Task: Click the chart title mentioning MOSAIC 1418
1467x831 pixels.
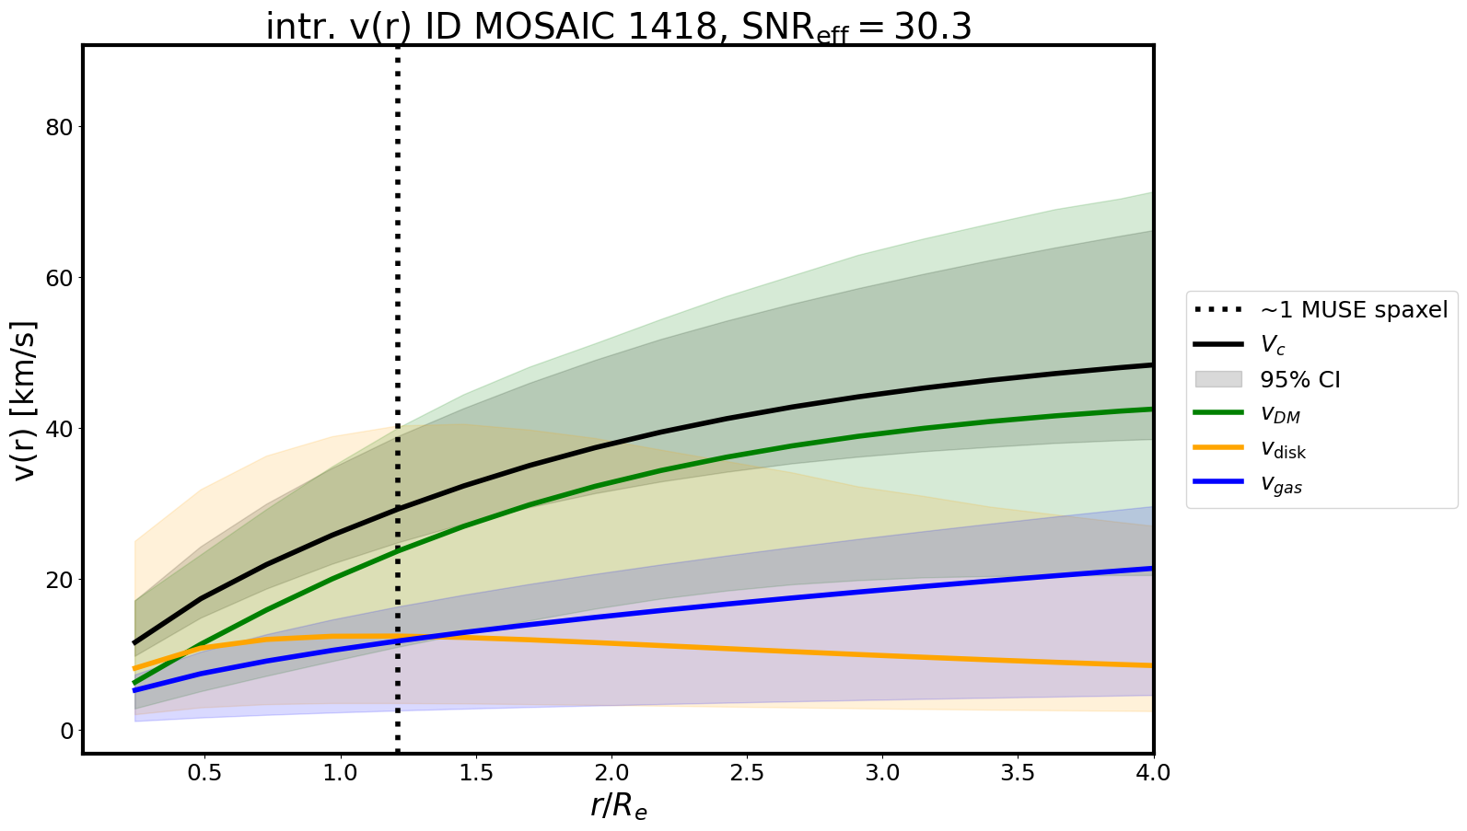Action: tap(618, 27)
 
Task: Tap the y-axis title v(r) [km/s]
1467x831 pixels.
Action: tap(25, 400)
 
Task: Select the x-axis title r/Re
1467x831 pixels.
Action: tap(618, 806)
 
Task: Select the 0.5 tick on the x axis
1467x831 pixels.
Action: tap(204, 773)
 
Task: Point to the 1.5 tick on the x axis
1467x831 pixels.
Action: tap(476, 773)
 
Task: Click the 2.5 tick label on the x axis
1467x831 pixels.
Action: tap(747, 773)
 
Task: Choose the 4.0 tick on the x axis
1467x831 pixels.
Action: tap(1153, 773)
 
